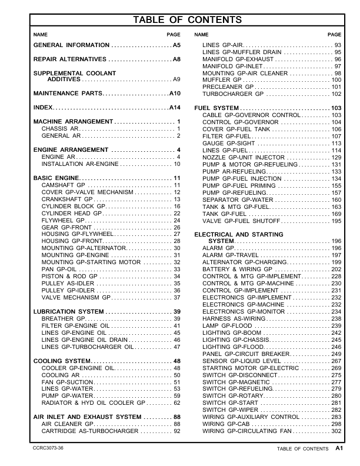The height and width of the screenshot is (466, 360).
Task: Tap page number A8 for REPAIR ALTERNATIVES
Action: point(176,60)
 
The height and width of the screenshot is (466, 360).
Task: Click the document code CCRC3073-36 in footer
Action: point(49,448)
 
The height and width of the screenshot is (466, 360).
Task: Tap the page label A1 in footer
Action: point(339,448)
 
